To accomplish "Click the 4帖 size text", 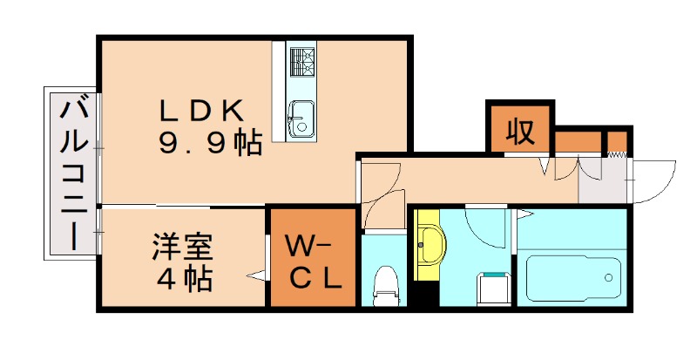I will coord(185,281).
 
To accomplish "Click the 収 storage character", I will coord(519,132).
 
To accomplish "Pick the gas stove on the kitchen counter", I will coord(301,62).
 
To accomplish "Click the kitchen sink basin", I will coord(301,117).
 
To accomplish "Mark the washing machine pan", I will coord(492,288).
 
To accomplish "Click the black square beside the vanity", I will coord(426,294).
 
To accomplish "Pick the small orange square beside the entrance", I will coord(617,141).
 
